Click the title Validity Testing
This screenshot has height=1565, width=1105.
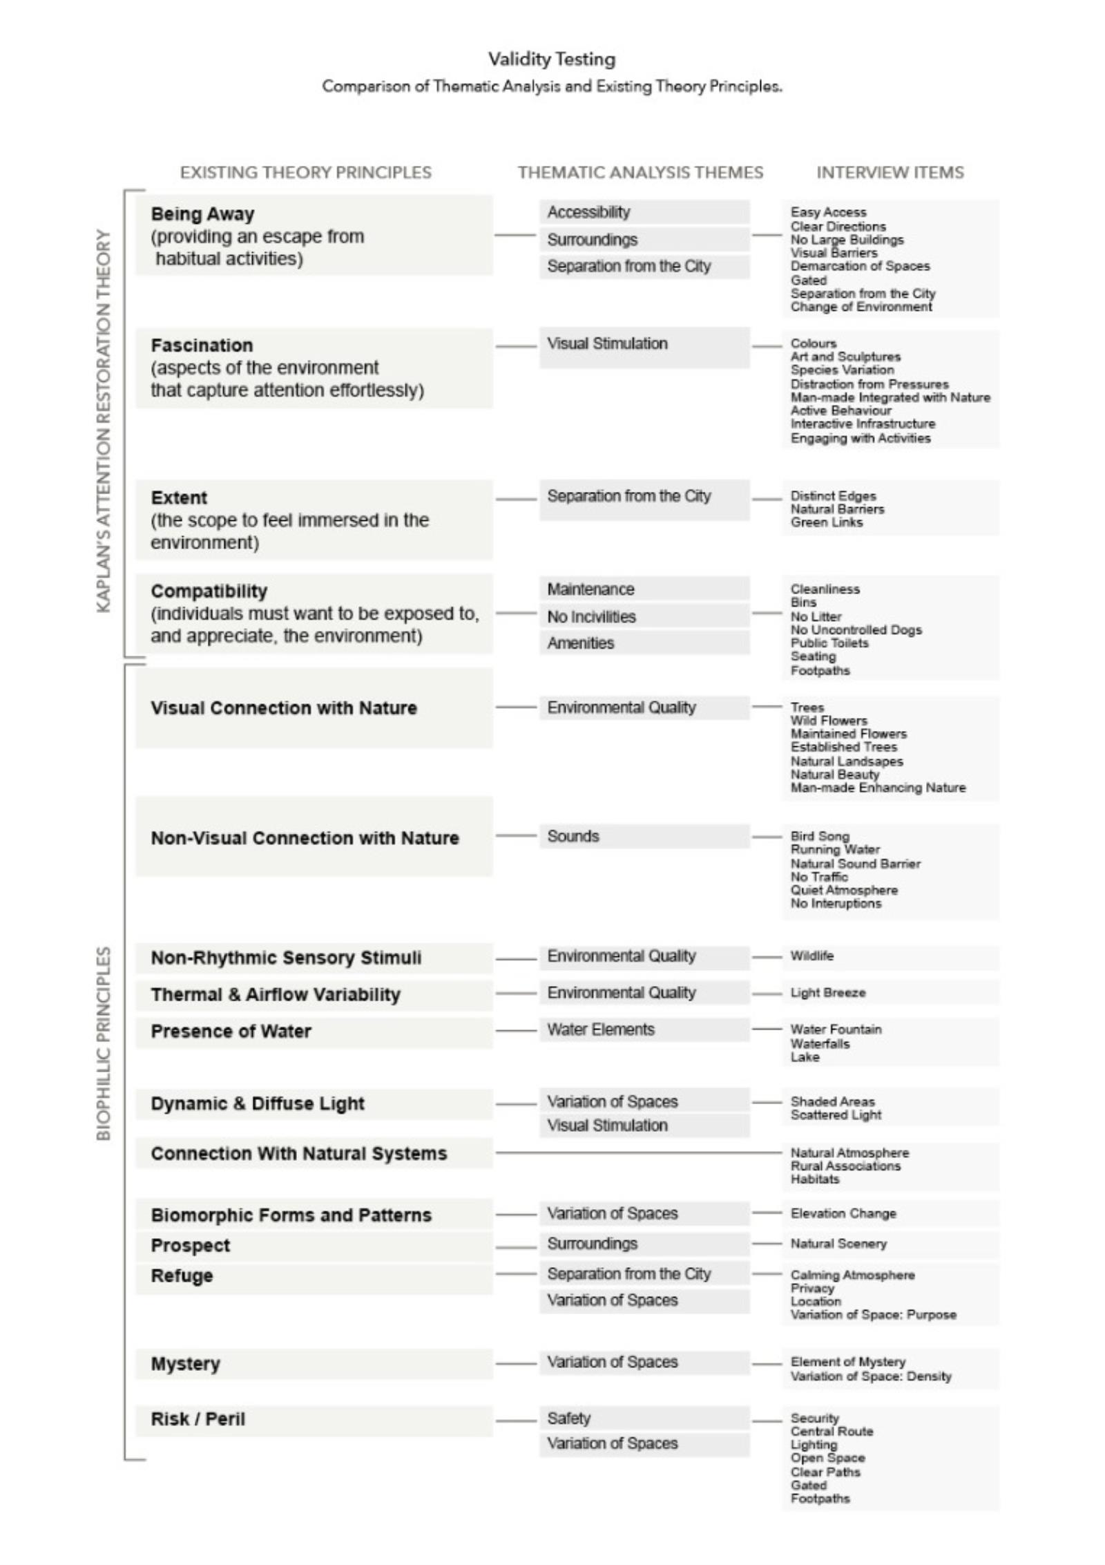(551, 59)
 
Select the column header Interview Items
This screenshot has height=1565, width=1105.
(890, 172)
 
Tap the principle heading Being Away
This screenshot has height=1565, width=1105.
(202, 214)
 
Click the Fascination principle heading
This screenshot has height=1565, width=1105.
(202, 345)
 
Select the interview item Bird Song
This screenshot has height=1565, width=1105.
(820, 836)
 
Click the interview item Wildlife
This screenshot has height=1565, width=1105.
(812, 956)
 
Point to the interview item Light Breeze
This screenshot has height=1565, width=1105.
(827, 993)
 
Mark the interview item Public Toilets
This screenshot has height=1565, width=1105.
(829, 643)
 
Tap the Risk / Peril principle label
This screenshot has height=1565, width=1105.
(198, 1419)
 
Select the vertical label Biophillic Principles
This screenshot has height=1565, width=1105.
(104, 1043)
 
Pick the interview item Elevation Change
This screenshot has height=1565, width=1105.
(843, 1213)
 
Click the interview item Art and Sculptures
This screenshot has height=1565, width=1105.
(845, 357)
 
